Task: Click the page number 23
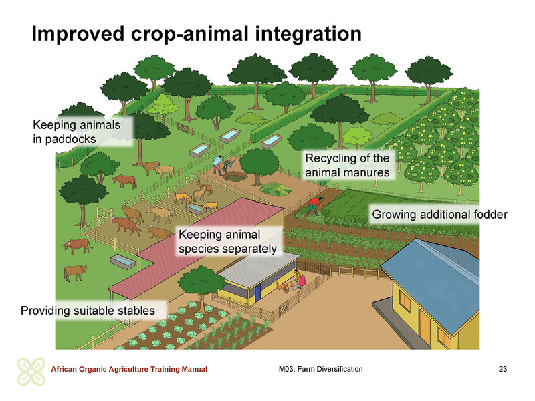(503, 369)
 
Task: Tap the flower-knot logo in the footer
(31, 372)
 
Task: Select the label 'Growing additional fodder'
(439, 215)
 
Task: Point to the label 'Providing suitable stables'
(88, 311)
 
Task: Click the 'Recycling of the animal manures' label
(347, 165)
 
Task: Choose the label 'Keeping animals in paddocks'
(76, 132)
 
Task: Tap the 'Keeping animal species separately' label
(227, 241)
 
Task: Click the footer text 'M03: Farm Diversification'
(321, 369)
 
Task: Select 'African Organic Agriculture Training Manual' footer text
(129, 369)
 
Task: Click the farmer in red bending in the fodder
(314, 206)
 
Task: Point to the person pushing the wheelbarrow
(217, 164)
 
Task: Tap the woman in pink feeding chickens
(301, 279)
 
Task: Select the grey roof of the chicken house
(258, 269)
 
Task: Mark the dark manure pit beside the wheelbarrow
(235, 176)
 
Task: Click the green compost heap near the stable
(276, 189)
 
